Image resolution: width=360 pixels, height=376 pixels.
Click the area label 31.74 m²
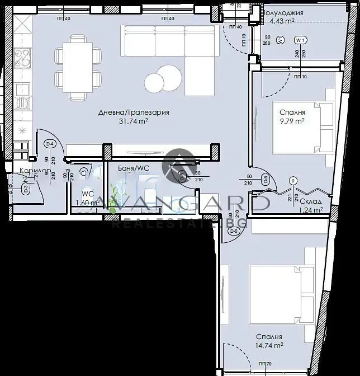[x=132, y=121]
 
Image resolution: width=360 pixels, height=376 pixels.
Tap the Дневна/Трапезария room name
[x=133, y=112]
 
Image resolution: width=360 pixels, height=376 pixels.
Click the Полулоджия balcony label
[x=283, y=13]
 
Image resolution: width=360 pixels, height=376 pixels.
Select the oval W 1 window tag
[x=300, y=40]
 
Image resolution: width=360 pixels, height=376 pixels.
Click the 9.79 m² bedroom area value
[x=292, y=120]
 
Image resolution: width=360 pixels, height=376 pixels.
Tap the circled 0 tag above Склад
[x=293, y=181]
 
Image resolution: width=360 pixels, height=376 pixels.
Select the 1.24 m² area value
[x=311, y=210]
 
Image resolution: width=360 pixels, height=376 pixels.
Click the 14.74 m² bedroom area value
[x=269, y=346]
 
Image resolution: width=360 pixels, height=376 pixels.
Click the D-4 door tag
[x=50, y=144]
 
